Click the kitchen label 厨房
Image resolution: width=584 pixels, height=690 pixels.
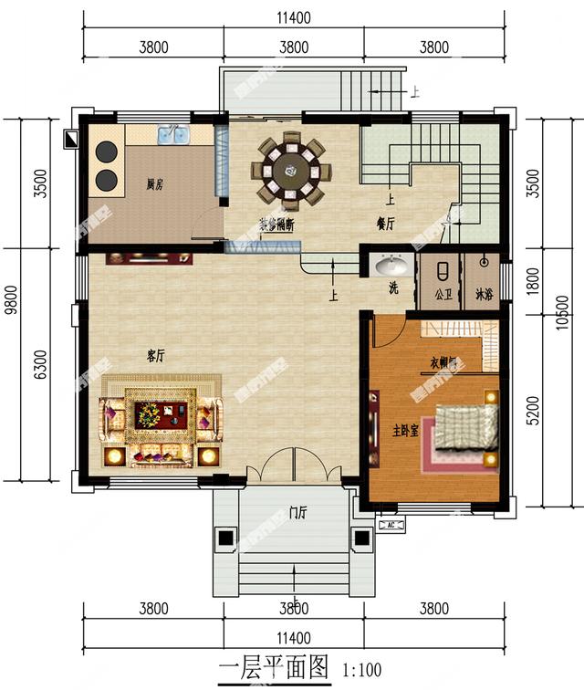154,184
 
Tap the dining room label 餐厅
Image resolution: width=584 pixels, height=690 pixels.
385,222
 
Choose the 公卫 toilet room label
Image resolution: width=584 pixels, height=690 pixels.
443,295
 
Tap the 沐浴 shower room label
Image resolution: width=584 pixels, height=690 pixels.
483,295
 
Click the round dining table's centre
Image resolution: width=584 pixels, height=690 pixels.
292,168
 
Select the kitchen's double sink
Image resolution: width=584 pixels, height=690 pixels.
172,136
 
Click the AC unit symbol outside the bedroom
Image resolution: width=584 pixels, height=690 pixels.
390,527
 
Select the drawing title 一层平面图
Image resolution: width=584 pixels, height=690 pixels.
273,668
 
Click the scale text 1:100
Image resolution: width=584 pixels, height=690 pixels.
362,671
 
